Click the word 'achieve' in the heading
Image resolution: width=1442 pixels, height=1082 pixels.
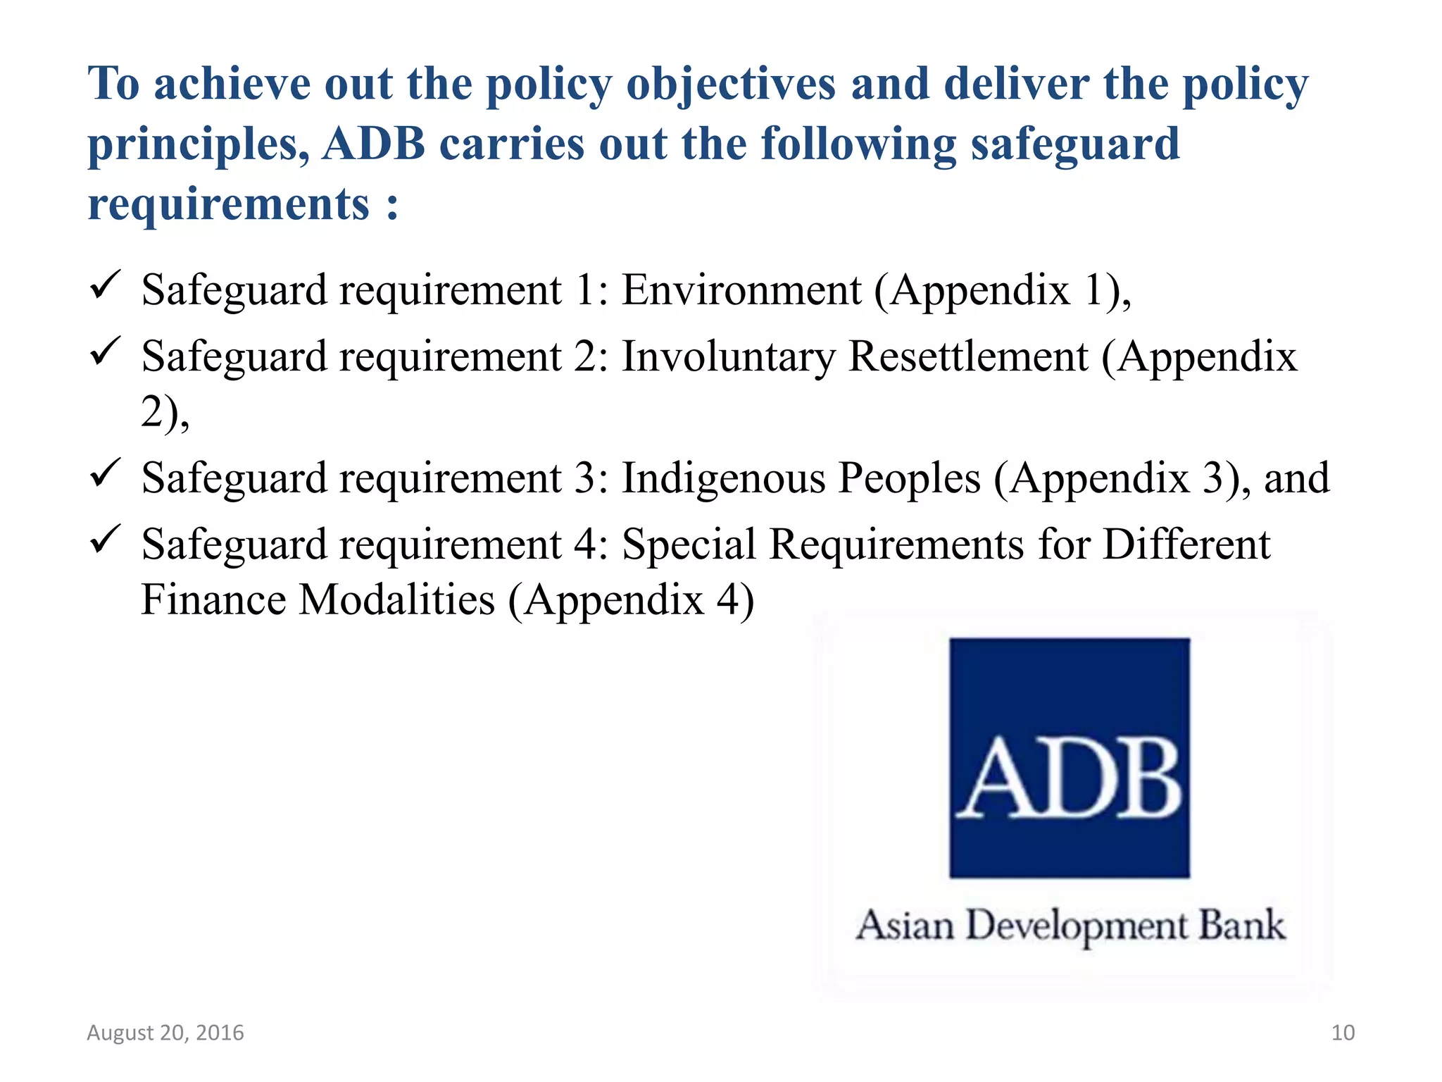[x=232, y=85]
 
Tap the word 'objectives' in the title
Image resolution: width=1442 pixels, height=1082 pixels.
[x=731, y=85]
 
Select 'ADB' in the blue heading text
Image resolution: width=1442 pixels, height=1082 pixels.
[x=374, y=144]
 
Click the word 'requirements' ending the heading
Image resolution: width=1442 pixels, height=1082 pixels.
[x=229, y=204]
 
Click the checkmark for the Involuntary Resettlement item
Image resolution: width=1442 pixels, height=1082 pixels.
[x=106, y=352]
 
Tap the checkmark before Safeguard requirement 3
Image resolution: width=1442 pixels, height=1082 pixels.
[x=106, y=473]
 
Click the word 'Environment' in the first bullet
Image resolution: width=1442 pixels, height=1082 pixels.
[x=741, y=290]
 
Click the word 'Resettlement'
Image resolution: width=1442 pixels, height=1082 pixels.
[x=968, y=356]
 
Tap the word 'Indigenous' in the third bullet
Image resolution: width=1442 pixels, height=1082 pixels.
[x=723, y=478]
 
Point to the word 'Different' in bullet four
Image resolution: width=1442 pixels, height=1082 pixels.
[x=1186, y=545]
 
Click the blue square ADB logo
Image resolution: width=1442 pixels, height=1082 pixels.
[x=1069, y=758]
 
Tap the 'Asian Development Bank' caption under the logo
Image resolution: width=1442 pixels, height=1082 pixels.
[x=1070, y=926]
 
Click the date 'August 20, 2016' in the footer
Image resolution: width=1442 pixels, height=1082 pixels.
[x=165, y=1033]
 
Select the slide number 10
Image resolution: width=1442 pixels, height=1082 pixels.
[x=1343, y=1033]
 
